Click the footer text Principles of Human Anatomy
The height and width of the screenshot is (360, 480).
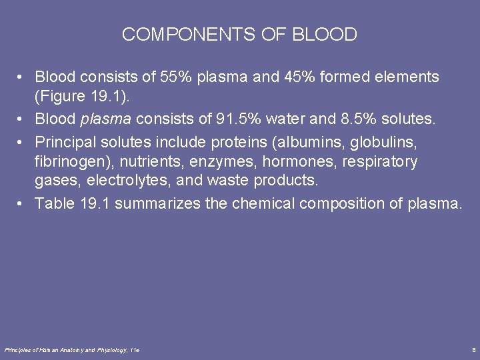(50, 349)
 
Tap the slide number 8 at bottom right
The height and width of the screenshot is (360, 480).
(473, 349)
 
